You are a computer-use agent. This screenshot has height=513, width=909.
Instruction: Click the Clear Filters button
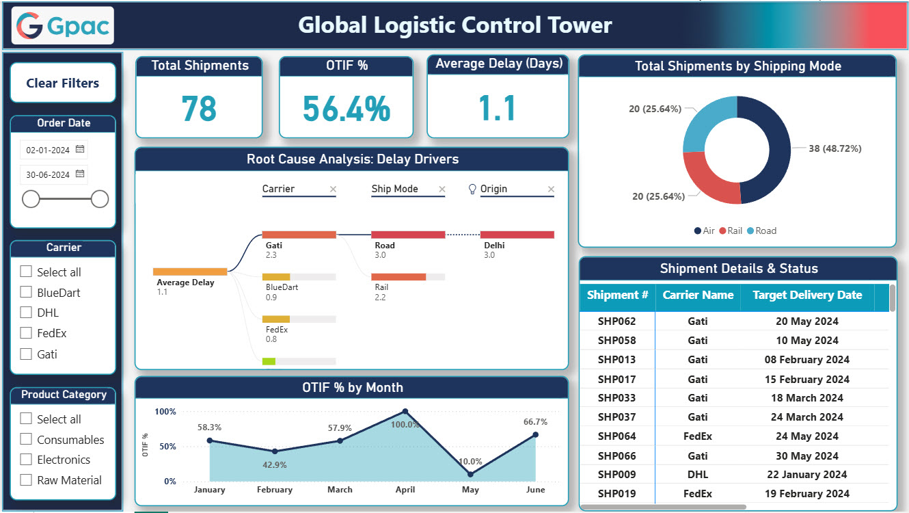click(63, 83)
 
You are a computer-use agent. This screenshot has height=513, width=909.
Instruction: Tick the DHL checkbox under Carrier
click(26, 313)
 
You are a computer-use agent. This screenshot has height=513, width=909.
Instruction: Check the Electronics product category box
click(26, 460)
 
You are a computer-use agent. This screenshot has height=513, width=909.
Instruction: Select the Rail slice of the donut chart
click(707, 179)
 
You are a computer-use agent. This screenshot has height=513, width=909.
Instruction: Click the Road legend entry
click(761, 231)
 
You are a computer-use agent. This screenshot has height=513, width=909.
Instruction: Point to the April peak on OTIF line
click(405, 412)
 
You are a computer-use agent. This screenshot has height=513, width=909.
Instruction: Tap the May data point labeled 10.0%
click(470, 474)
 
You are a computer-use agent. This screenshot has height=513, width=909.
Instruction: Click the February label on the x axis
click(275, 490)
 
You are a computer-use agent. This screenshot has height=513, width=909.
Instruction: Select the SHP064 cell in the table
click(616, 436)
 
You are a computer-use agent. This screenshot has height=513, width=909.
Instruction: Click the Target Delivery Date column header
click(806, 295)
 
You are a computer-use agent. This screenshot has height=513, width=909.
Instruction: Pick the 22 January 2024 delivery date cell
click(806, 475)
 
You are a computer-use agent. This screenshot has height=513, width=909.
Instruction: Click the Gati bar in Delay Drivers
click(299, 235)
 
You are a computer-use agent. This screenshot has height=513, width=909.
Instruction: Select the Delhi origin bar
click(517, 235)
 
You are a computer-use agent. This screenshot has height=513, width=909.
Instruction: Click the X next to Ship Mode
click(442, 189)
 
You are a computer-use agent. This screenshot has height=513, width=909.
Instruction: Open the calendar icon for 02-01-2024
click(80, 149)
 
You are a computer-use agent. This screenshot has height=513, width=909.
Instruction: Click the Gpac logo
click(63, 25)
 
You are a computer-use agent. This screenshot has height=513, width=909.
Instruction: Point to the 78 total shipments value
click(199, 108)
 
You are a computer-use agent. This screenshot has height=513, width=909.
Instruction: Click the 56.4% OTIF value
click(346, 108)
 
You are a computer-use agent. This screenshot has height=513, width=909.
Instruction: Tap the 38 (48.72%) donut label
click(835, 148)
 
